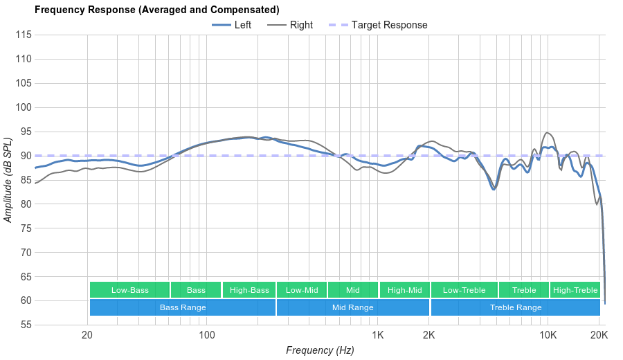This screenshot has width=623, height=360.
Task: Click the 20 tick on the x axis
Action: coord(87,335)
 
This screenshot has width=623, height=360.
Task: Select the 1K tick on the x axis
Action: coord(378,335)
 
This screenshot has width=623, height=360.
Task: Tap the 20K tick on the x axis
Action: coord(599,335)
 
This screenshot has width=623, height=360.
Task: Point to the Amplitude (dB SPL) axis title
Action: coord(8,179)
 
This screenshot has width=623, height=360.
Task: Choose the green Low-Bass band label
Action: coord(129,290)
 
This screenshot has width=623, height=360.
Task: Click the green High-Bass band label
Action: coord(249,290)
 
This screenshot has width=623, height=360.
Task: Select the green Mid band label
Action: coord(353,290)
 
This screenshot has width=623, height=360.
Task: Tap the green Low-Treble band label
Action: coord(464,290)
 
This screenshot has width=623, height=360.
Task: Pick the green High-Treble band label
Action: coord(575,290)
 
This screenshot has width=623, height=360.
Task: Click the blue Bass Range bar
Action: coord(183,307)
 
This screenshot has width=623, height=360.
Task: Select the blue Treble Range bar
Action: coord(516,307)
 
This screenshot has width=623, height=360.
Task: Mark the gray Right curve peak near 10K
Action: coord(548,132)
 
